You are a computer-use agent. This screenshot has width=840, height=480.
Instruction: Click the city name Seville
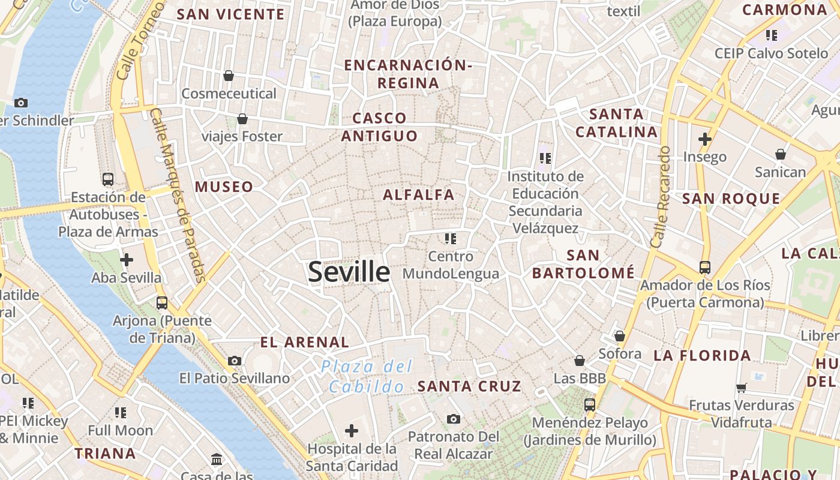(349, 272)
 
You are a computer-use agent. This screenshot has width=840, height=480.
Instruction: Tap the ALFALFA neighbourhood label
(419, 194)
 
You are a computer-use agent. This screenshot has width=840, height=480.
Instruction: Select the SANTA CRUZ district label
(469, 386)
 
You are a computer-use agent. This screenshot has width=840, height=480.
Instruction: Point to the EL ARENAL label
(304, 343)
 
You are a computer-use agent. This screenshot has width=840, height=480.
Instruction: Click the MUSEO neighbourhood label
(224, 187)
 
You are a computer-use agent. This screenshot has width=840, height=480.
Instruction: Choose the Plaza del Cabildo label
(366, 376)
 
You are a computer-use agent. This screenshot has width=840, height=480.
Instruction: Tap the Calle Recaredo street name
(661, 196)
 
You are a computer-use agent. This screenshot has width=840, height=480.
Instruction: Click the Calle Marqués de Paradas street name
(179, 195)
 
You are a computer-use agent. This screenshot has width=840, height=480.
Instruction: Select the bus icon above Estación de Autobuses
(108, 179)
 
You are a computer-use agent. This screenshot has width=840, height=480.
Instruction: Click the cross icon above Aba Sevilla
(127, 260)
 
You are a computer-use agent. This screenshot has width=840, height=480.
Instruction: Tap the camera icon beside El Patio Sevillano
(235, 361)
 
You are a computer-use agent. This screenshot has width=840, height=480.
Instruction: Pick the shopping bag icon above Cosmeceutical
(228, 76)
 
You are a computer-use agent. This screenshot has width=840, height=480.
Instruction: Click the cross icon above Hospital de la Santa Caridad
(352, 430)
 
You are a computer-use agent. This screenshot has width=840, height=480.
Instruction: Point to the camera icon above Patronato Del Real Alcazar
(454, 419)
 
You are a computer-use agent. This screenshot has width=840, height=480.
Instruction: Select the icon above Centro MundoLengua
(451, 239)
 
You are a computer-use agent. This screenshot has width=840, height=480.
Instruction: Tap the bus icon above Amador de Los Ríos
(704, 267)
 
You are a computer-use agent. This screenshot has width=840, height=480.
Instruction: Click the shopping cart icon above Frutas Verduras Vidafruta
(742, 388)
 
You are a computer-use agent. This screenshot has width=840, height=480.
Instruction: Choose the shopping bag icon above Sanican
(780, 155)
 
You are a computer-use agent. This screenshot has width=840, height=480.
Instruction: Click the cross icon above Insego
(705, 139)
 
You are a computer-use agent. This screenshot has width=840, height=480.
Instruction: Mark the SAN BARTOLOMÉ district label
(583, 264)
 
